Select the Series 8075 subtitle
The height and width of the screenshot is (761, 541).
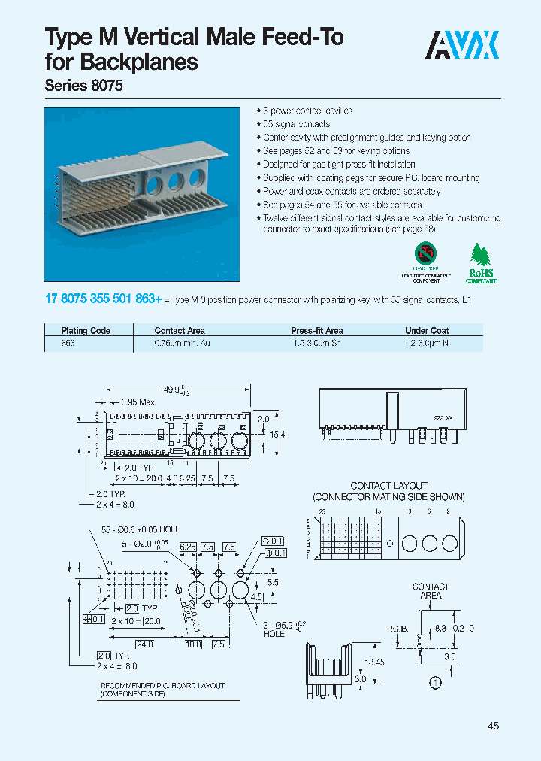(84, 86)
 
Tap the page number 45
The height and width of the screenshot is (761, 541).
(493, 726)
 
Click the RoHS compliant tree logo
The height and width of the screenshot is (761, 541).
(482, 264)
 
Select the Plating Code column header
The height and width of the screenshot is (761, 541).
(86, 330)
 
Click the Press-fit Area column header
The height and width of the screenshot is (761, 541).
(316, 330)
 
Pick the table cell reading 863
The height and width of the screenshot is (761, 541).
(68, 343)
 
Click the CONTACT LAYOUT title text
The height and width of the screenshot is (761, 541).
(388, 486)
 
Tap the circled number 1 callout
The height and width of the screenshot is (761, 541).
(434, 684)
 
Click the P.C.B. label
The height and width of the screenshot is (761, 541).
(397, 627)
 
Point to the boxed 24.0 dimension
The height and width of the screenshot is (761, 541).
(145, 644)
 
